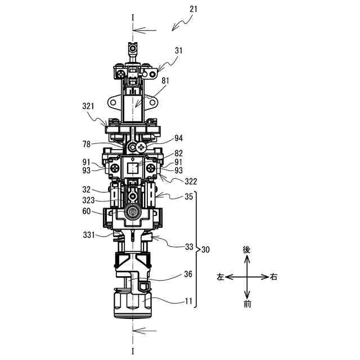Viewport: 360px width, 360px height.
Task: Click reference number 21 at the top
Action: point(193,9)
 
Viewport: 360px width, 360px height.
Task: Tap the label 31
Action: point(179,51)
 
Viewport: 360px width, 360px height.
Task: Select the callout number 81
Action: point(165,80)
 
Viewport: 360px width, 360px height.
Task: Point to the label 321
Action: point(88,106)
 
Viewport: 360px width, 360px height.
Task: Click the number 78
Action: point(87,144)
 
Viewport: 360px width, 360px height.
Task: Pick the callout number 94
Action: point(179,138)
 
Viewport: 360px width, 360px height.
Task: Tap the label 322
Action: point(191,181)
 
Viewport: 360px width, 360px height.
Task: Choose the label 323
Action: point(89,200)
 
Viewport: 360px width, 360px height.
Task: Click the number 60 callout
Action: point(87,211)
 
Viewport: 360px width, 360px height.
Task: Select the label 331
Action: point(89,235)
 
